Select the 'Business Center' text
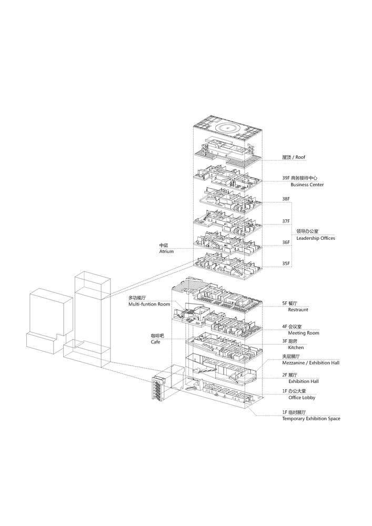tap(307, 185)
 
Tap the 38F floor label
tap(286, 199)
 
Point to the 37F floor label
tap(286, 221)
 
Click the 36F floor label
tap(286, 242)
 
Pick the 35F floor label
tap(286, 263)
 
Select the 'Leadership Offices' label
tap(316, 238)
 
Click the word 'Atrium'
tap(166, 252)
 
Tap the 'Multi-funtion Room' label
tap(149, 305)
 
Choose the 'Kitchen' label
tap(296, 348)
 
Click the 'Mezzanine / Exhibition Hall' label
tap(310, 363)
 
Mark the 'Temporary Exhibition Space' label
tap(311, 418)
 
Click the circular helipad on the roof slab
tap(228, 126)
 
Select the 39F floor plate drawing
tap(226, 178)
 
